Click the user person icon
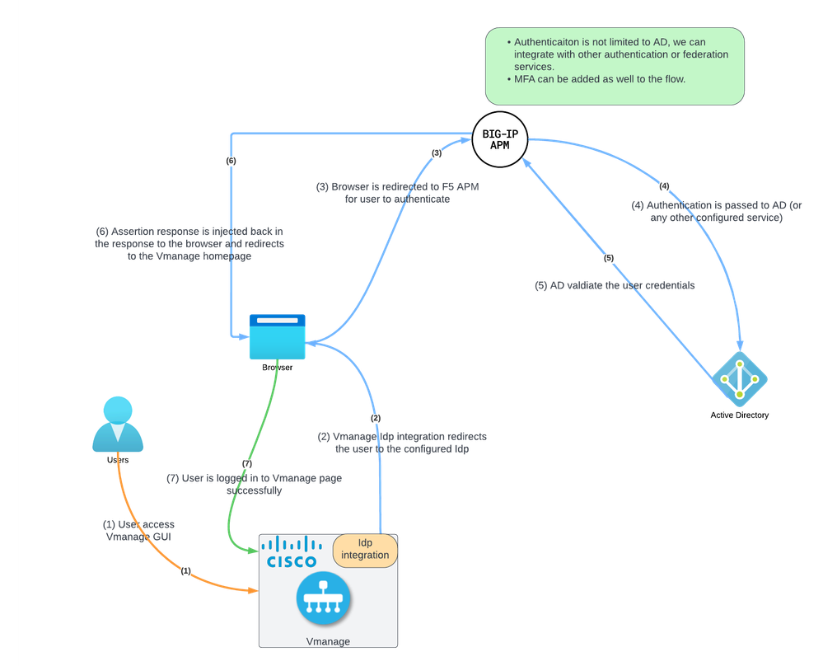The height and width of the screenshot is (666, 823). click(x=117, y=424)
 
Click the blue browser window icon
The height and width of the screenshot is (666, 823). click(x=278, y=336)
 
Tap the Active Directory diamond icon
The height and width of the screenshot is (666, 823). click(x=740, y=379)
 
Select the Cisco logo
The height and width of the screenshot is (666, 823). click(x=292, y=551)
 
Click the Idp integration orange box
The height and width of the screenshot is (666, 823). click(x=365, y=550)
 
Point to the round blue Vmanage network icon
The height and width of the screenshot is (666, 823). click(x=324, y=599)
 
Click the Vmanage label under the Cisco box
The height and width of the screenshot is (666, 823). click(x=327, y=641)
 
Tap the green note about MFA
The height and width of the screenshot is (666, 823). click(x=615, y=66)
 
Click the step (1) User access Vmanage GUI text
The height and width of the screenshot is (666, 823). click(x=138, y=530)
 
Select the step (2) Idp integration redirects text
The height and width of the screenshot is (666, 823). click(x=396, y=443)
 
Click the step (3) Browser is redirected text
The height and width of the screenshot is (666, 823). click(x=397, y=193)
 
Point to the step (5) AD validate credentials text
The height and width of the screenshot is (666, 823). click(x=615, y=285)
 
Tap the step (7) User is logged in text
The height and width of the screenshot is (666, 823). click(x=255, y=484)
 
